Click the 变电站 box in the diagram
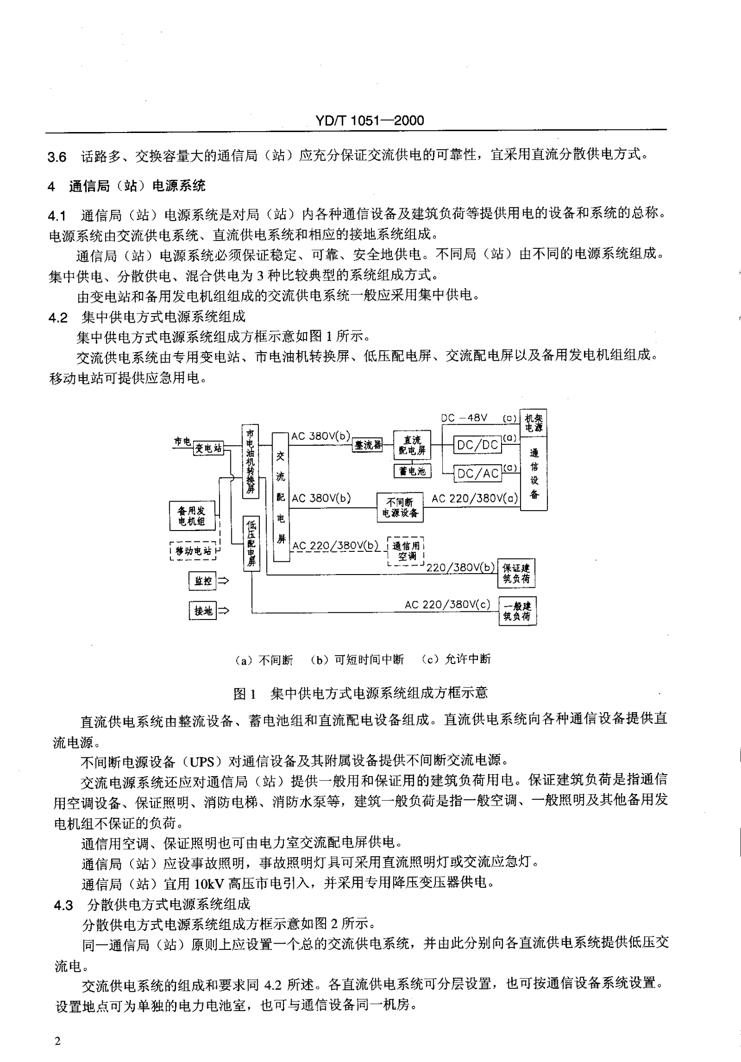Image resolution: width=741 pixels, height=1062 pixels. point(208,448)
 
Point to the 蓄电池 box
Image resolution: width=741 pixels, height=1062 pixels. point(412,471)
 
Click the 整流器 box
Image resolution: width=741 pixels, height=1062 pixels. point(368,445)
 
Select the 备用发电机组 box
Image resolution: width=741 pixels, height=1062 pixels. point(192,516)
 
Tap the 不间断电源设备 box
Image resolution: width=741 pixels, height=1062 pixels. point(400,507)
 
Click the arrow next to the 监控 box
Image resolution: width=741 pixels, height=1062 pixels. point(223,581)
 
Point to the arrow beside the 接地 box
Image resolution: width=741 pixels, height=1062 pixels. point(223,611)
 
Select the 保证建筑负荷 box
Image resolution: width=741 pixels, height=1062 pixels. point(517,573)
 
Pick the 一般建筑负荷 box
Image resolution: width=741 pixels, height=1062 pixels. point(517,611)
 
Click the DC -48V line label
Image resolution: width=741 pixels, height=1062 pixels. point(464,418)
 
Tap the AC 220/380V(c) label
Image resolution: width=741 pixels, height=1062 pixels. point(447,604)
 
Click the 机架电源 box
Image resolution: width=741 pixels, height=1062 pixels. point(534,423)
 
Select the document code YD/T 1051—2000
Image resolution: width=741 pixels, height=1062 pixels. point(370,121)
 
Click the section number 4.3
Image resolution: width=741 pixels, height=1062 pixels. point(63,905)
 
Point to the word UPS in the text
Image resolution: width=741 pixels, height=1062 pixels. point(205,761)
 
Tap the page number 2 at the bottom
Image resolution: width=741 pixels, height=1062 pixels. point(58,1041)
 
